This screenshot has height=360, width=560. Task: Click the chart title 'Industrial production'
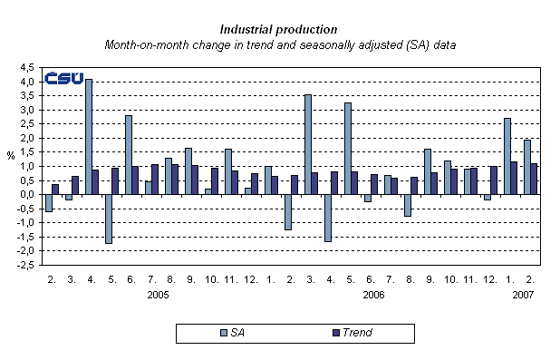279,29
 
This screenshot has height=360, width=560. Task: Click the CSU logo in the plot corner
64,78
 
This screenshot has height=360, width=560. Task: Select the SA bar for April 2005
89,137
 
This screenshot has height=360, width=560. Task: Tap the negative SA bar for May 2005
109,219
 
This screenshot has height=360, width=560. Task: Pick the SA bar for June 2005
129,155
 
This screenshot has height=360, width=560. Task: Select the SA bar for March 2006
308,144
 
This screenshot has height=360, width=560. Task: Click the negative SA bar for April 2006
328,218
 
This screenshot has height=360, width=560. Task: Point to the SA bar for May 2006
348,149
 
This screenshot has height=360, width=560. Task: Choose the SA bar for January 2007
507,156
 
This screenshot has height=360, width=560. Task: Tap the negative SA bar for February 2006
288,212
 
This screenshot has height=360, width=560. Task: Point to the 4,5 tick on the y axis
28,67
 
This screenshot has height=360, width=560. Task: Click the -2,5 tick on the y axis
26,265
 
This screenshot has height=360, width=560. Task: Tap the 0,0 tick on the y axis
28,194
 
